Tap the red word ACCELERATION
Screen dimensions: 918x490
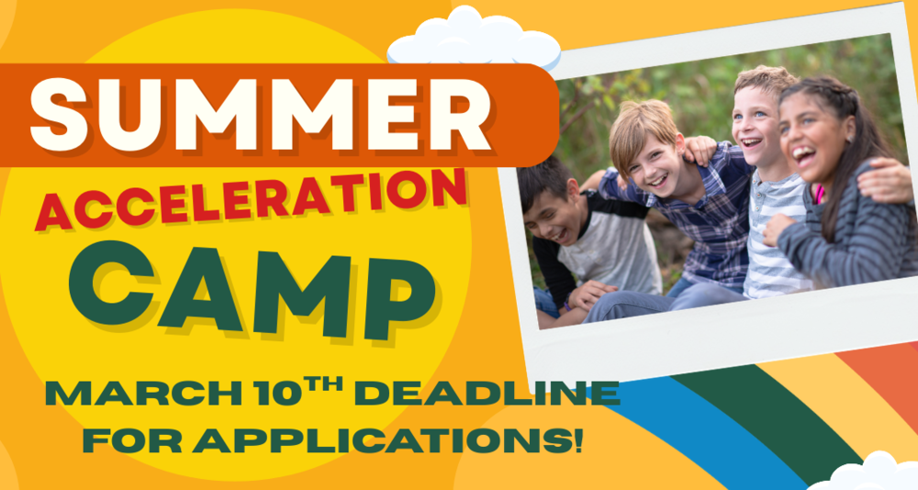click(251, 200)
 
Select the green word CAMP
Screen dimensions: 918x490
click(252, 290)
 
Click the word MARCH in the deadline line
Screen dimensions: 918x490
click(143, 395)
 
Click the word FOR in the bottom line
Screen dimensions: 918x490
click(133, 440)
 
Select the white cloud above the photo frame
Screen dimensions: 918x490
click(474, 39)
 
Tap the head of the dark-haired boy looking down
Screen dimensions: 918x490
click(547, 202)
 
